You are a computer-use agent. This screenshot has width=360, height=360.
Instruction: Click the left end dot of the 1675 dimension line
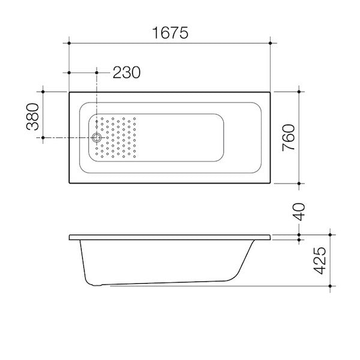point(70,43)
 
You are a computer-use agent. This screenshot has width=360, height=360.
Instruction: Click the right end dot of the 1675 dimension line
point(271,43)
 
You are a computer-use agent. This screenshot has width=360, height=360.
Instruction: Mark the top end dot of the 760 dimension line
point(299,92)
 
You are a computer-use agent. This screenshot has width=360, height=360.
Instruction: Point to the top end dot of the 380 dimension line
point(43,92)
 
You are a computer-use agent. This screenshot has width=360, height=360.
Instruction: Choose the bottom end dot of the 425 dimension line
point(329,286)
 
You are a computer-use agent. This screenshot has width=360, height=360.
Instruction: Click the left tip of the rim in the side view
point(70,236)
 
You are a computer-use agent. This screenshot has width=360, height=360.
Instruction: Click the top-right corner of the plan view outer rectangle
point(271,92)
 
